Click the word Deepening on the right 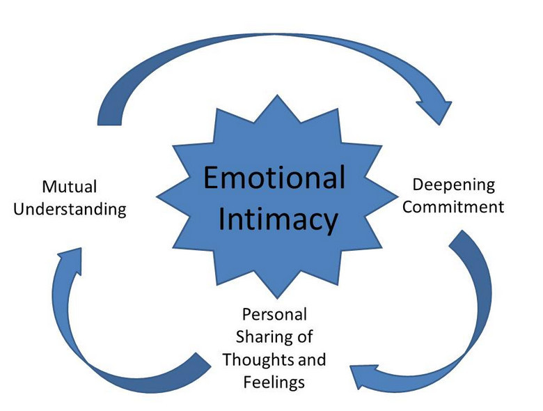pos(454,185)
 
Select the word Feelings pos(274,382)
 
